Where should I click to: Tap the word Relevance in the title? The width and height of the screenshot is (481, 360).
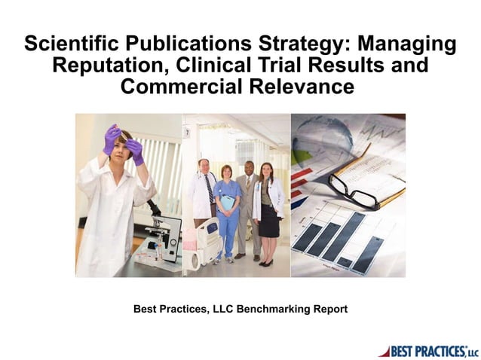click(305, 87)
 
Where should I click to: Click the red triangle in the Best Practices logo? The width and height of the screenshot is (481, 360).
click(384, 350)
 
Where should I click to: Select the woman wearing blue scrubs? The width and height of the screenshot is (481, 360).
click(226, 211)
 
